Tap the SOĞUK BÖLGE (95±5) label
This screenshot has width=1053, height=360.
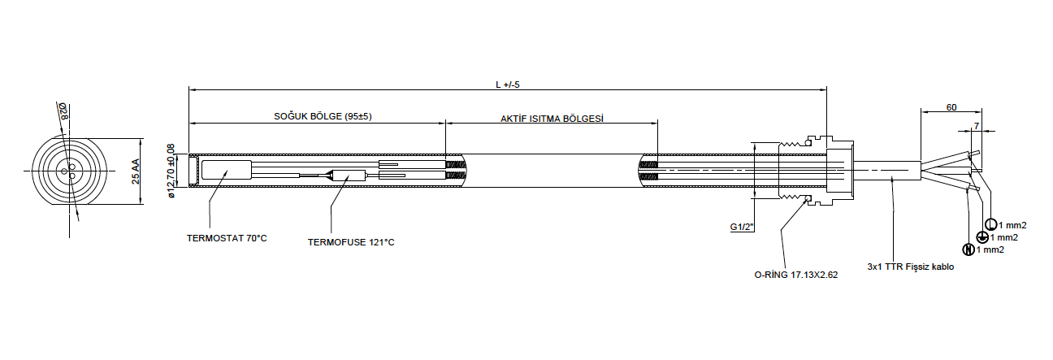(x=322, y=116)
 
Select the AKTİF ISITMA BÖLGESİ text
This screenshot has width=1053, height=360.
(x=552, y=118)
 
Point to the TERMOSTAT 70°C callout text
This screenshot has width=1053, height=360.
(x=227, y=239)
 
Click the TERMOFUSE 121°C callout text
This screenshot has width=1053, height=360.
(x=350, y=242)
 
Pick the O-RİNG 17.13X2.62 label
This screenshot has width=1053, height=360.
(x=795, y=275)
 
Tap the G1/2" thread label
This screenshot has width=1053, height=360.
(x=742, y=228)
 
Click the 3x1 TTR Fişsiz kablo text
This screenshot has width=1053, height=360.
(x=910, y=267)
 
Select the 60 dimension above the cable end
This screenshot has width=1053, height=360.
(x=951, y=107)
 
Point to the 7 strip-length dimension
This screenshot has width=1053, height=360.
(x=977, y=126)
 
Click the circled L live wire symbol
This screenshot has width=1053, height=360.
(x=990, y=224)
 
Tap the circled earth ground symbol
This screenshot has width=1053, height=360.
(x=981, y=237)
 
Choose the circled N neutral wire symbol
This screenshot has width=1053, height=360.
(x=968, y=249)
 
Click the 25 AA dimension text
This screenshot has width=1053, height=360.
(x=136, y=171)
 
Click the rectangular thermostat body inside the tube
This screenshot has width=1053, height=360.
(x=226, y=171)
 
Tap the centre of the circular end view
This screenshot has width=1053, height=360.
(x=69, y=171)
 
